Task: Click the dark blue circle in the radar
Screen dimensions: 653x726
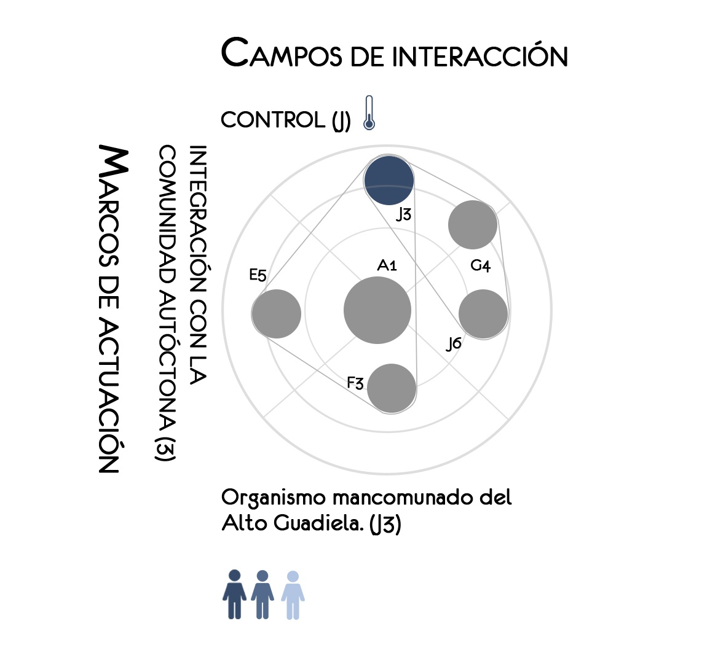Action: [x=389, y=180]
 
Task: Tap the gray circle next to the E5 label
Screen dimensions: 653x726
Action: [x=277, y=313]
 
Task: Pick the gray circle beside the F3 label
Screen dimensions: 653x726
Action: [x=392, y=388]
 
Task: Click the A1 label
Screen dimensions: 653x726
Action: [x=387, y=265]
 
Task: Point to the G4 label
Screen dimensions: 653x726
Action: [x=480, y=266]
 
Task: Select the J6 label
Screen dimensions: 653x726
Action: [x=454, y=344]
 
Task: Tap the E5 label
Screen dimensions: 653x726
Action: [x=258, y=275]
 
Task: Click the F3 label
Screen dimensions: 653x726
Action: [x=355, y=383]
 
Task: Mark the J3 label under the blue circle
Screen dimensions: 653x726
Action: [x=403, y=214]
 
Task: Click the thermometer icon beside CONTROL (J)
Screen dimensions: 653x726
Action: [x=369, y=113]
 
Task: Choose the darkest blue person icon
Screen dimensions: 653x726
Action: [x=234, y=594]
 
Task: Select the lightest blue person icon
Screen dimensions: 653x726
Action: [x=293, y=594]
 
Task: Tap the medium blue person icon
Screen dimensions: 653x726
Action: [x=262, y=594]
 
